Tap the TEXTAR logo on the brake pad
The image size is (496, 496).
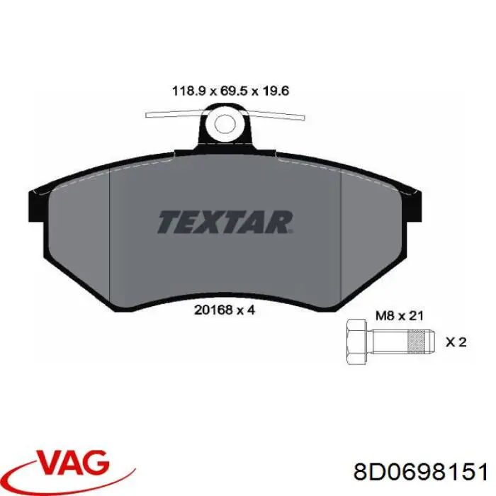pos(224,221)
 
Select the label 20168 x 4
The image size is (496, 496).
pos(224,309)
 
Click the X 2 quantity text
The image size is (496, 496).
pos(456,342)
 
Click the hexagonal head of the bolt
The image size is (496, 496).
pos(355,342)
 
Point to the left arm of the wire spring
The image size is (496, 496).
pos(174,115)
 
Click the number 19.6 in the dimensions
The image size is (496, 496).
pos(275,91)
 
